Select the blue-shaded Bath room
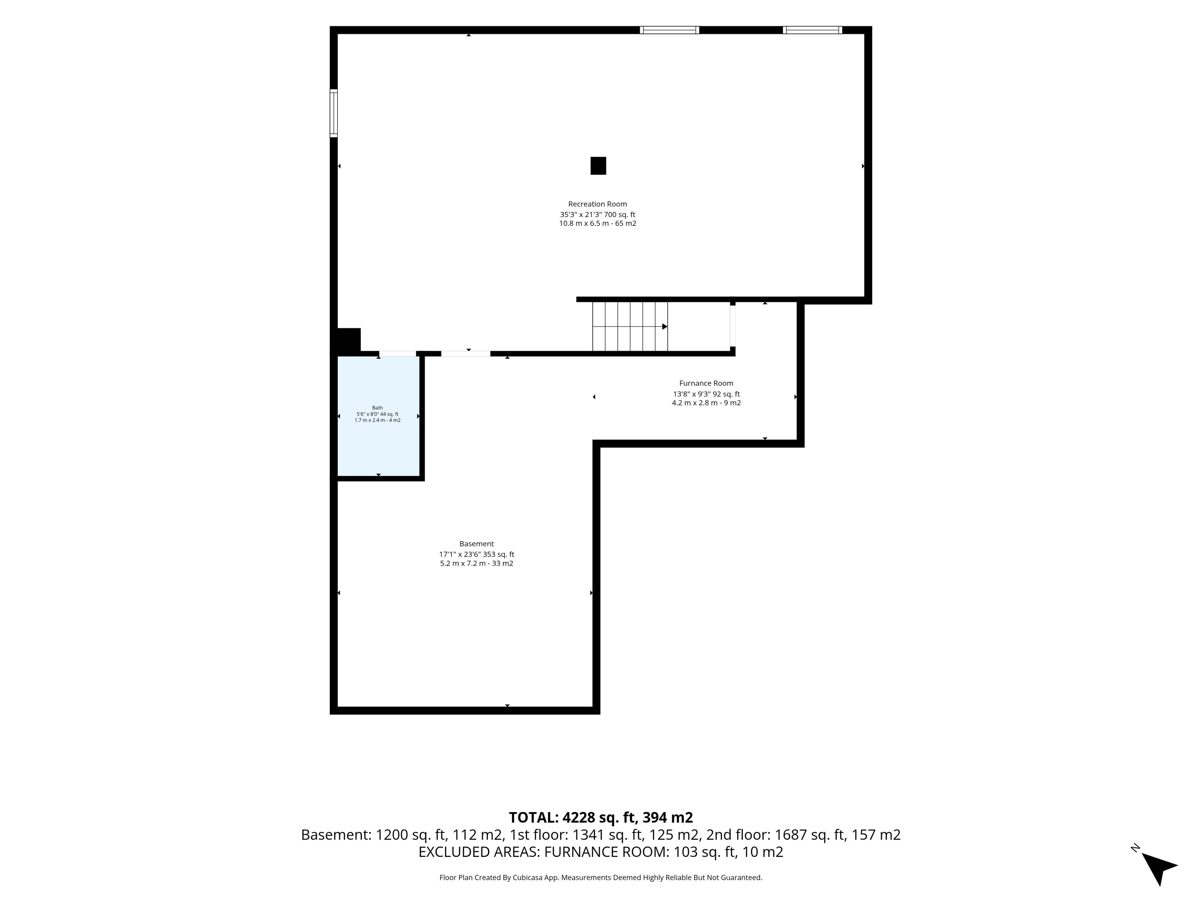(x=378, y=416)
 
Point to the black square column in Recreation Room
(x=598, y=166)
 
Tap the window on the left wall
(x=334, y=113)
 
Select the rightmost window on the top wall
(x=812, y=30)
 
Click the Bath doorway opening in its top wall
(x=397, y=353)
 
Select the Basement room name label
(x=476, y=544)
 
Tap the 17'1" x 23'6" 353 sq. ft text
(x=476, y=554)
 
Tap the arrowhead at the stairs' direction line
(x=665, y=326)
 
